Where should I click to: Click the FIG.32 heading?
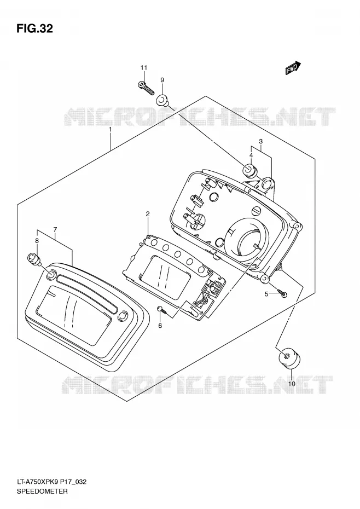pyautogui.click(x=34, y=28)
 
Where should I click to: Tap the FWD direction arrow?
pyautogui.click(x=293, y=68)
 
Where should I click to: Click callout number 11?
pyautogui.click(x=144, y=68)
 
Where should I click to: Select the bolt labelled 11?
pyautogui.click(x=146, y=88)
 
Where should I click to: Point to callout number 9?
pyautogui.click(x=162, y=80)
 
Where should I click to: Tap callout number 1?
pyautogui.click(x=111, y=129)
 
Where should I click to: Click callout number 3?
pyautogui.click(x=260, y=142)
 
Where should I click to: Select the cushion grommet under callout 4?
pyautogui.click(x=250, y=170)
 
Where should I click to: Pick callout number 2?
pyautogui.click(x=148, y=213)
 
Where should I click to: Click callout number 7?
pyautogui.click(x=55, y=230)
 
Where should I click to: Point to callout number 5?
pyautogui.click(x=266, y=294)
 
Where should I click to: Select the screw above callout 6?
pyautogui.click(x=162, y=310)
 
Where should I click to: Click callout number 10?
pyautogui.click(x=292, y=384)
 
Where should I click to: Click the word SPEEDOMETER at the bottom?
pyautogui.click(x=42, y=491)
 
